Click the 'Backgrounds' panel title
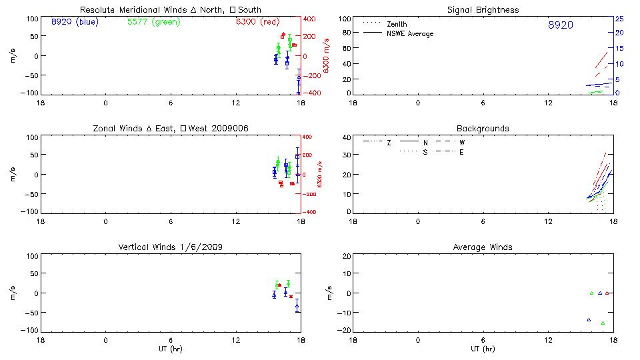pyautogui.click(x=483, y=128)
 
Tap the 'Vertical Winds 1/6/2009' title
pyautogui.click(x=170, y=247)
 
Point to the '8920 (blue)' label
pyautogui.click(x=73, y=22)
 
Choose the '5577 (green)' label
pyautogui.click(x=153, y=22)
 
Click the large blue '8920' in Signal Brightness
pyautogui.click(x=560, y=25)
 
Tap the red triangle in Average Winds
pyautogui.click(x=607, y=293)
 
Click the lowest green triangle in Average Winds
pyautogui.click(x=603, y=323)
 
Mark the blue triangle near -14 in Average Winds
pyautogui.click(x=589, y=320)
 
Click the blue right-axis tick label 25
pyautogui.click(x=619, y=19)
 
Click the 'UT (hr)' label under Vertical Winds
pyautogui.click(x=170, y=349)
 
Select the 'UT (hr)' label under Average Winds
pyautogui.click(x=483, y=349)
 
